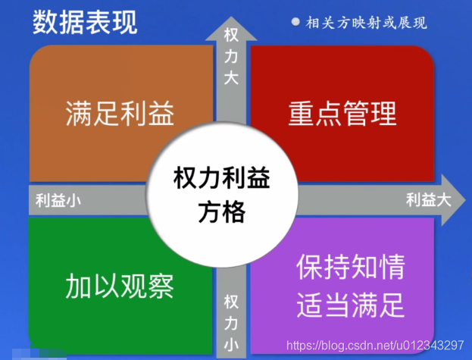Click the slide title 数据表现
(x=85, y=22)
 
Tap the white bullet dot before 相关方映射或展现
(x=295, y=22)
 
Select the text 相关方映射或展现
(x=367, y=23)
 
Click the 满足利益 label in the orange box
(x=120, y=113)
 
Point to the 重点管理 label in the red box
(x=342, y=113)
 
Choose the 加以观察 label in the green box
(x=120, y=286)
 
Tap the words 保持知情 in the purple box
(x=351, y=267)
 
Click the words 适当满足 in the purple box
(x=351, y=305)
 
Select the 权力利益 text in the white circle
(x=222, y=177)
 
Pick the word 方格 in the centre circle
(x=222, y=212)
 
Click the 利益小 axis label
(x=58, y=200)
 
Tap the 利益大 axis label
(x=428, y=200)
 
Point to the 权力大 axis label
(x=231, y=56)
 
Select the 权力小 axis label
(x=231, y=323)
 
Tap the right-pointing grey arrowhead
(x=453, y=200)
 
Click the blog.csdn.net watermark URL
(x=375, y=345)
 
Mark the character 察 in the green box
(x=161, y=286)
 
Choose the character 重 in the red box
(x=302, y=113)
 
